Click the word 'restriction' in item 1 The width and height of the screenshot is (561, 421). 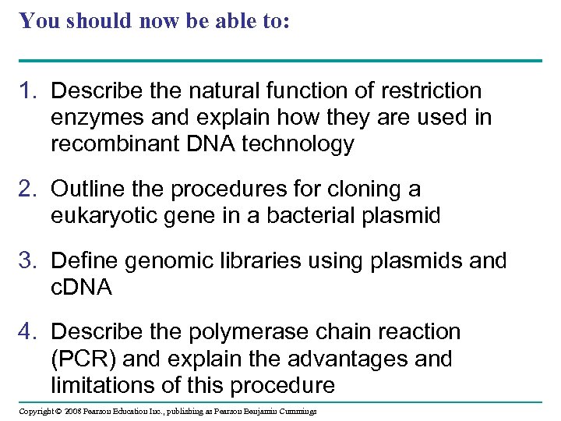(432, 91)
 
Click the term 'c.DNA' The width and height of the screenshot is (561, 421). (82, 287)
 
